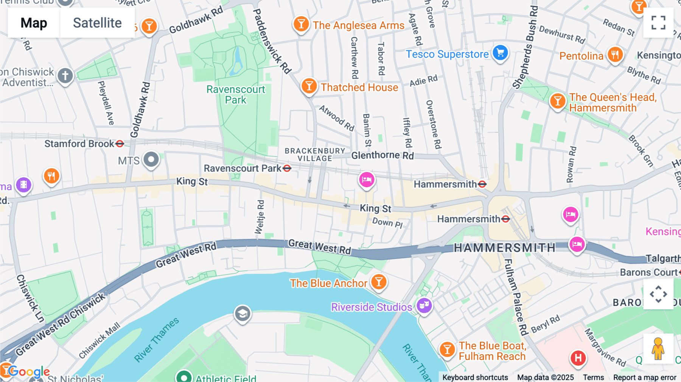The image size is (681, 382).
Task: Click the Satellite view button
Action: point(97,23)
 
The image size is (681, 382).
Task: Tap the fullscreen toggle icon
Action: point(658,23)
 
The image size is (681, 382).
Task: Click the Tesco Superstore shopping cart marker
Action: point(500,53)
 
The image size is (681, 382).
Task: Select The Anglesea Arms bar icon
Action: point(301,24)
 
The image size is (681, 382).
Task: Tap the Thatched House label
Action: point(359,87)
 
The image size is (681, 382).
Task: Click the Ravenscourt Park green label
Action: point(236,95)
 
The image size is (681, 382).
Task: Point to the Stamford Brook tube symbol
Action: point(120,144)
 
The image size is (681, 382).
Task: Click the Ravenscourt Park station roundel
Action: point(287,168)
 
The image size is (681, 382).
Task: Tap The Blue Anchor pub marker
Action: point(379,282)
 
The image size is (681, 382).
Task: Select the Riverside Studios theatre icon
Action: point(424,305)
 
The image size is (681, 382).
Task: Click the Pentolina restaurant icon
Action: point(615,55)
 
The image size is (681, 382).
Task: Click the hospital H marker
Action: point(578,357)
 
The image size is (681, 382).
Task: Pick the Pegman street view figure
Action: point(658,348)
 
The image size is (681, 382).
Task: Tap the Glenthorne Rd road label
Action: point(382,155)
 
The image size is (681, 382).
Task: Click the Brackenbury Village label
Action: point(315,154)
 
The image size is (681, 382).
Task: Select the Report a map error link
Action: point(645,377)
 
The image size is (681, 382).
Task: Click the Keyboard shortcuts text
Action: point(475,377)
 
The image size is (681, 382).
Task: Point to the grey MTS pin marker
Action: point(151,159)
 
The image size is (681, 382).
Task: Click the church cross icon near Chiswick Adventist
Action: point(65,76)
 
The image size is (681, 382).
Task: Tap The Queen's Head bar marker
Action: point(557,101)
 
